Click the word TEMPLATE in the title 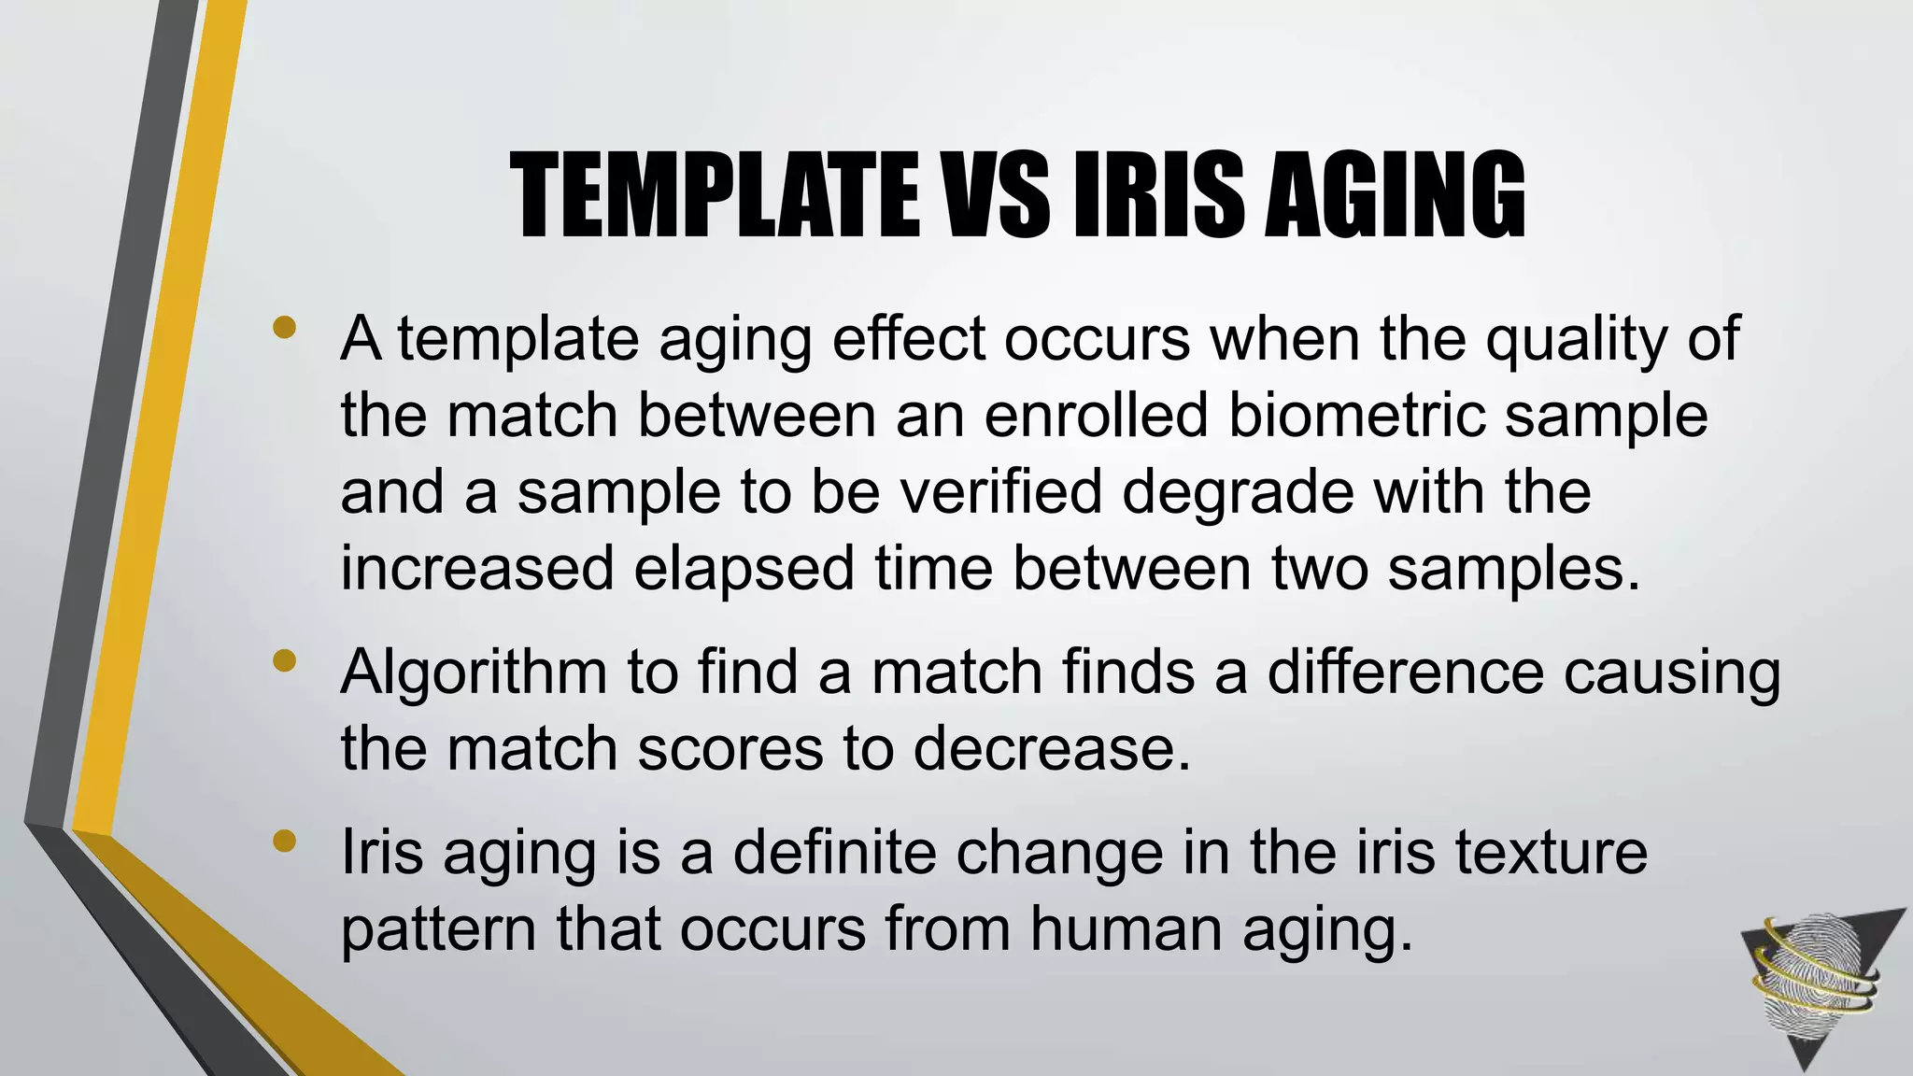[714, 195]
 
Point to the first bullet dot [285, 328]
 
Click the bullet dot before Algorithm [285, 662]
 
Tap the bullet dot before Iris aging [285, 842]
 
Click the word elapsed [744, 570]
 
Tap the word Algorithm [474, 673]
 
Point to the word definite [834, 853]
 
